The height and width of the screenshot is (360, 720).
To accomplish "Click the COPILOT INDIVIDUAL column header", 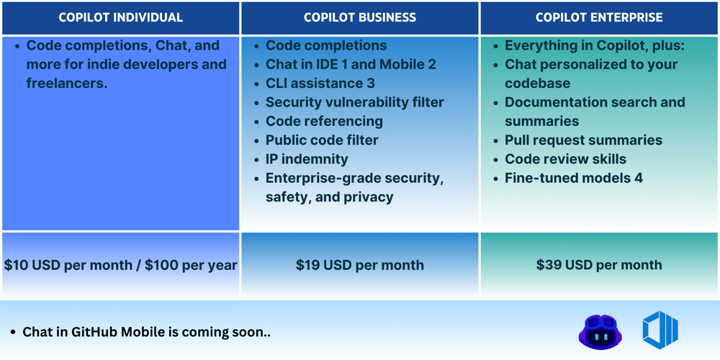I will (120, 17).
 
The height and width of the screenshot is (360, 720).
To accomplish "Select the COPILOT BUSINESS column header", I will (359, 17).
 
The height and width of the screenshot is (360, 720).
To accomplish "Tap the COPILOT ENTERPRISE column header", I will (599, 17).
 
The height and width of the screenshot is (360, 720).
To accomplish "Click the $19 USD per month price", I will (359, 265).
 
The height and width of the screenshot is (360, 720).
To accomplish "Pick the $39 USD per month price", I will (599, 265).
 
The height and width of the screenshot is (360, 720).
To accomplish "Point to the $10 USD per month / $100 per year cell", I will (120, 265).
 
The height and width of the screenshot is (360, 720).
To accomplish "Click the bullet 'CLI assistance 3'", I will (320, 84).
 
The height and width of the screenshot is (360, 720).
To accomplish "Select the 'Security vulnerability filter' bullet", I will (354, 102).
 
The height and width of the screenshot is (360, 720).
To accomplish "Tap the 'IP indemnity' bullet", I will (307, 159).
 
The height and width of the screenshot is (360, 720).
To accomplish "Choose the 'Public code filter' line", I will (322, 140).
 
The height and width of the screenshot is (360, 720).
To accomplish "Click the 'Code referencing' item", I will (324, 121).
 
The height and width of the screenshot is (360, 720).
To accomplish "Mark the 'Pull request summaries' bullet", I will (583, 140).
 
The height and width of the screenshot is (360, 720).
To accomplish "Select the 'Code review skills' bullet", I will (565, 159).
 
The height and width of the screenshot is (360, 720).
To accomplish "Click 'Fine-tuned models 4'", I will (574, 178).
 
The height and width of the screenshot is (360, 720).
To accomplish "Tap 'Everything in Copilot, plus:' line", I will (595, 45).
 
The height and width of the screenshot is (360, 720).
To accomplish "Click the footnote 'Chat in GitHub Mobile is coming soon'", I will (146, 332).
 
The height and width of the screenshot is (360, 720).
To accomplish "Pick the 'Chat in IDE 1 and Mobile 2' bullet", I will (351, 64).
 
